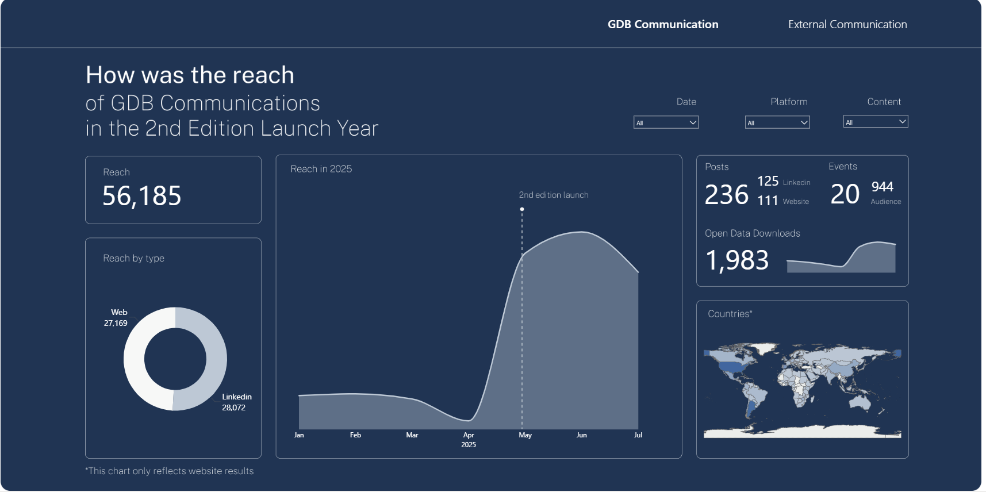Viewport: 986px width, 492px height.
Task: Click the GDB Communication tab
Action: (663, 24)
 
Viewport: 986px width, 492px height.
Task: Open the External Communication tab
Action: (847, 24)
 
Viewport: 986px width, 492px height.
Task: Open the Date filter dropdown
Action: (666, 122)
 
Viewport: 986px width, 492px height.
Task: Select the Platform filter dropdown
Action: (777, 122)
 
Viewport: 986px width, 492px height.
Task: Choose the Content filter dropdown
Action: (876, 122)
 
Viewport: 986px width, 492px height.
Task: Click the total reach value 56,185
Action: (142, 196)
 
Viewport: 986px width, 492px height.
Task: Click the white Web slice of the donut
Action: (134, 359)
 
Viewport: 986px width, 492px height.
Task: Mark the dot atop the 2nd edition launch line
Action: (522, 209)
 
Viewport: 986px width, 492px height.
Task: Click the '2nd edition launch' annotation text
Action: (554, 195)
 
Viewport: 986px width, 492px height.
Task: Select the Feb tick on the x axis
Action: (355, 435)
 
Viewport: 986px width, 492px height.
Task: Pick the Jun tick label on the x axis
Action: (582, 435)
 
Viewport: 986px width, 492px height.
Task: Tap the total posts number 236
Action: (727, 195)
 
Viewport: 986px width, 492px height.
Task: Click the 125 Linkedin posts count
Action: (768, 182)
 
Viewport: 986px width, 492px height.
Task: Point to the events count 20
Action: (845, 194)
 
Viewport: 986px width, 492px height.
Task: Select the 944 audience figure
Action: (883, 187)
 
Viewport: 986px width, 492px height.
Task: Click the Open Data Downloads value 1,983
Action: (737, 260)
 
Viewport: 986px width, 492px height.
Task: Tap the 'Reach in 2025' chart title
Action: (321, 169)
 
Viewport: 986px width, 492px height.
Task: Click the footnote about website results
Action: (170, 471)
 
